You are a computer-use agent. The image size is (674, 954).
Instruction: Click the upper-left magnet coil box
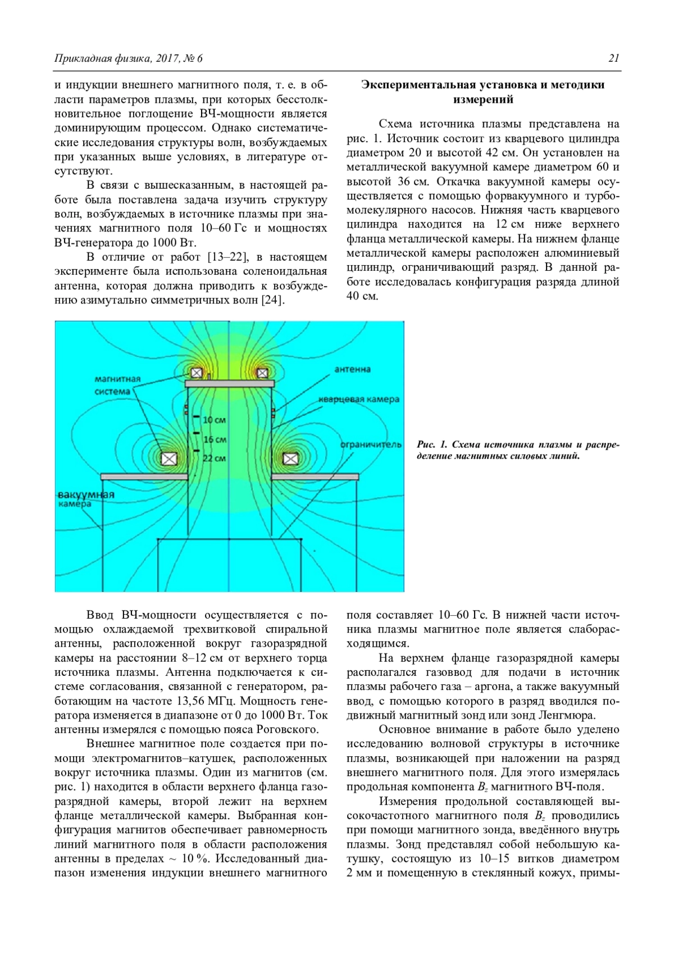[x=196, y=372]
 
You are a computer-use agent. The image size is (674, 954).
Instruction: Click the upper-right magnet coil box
[x=262, y=372]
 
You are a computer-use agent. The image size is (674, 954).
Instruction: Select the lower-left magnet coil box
[x=168, y=458]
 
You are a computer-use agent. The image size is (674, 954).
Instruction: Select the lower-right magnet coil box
[x=290, y=458]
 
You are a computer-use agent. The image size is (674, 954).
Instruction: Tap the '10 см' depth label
[x=214, y=420]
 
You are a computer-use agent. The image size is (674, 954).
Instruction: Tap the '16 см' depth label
[x=215, y=439]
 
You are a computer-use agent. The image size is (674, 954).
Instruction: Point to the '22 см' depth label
[x=214, y=458]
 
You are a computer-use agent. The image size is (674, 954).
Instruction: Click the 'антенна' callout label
[x=352, y=369]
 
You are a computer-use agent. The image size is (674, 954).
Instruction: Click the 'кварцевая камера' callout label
[x=359, y=399]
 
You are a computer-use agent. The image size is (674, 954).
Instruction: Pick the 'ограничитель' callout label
[x=371, y=444]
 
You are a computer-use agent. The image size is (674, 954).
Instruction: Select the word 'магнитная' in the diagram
[x=117, y=379]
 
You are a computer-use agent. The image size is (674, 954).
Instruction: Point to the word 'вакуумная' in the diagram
[x=86, y=494]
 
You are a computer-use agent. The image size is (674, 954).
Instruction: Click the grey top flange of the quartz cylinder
[x=230, y=383]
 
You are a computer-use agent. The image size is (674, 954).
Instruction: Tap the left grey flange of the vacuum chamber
[x=144, y=477]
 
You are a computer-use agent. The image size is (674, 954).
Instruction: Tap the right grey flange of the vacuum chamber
[x=315, y=477]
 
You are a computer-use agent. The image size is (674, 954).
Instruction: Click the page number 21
[x=613, y=58]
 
